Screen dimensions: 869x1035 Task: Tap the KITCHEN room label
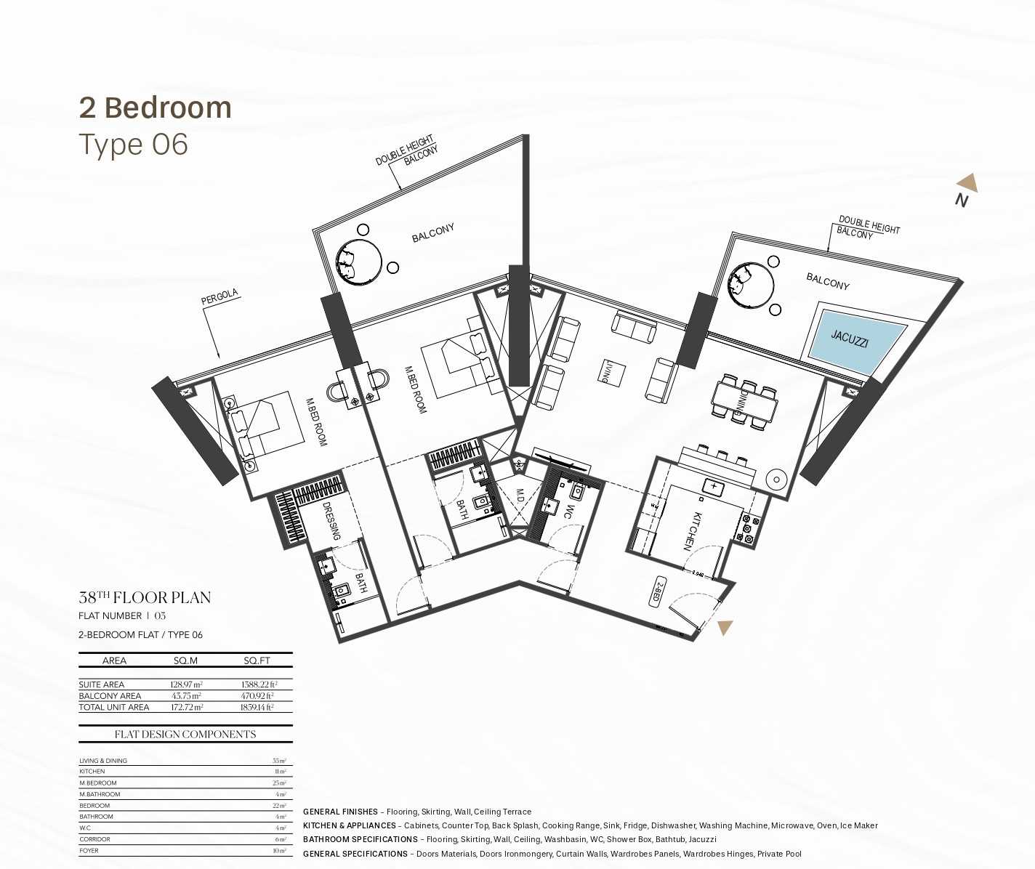click(693, 531)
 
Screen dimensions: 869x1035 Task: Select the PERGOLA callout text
click(220, 298)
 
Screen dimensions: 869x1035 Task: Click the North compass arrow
click(967, 183)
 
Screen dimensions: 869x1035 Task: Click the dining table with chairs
click(744, 400)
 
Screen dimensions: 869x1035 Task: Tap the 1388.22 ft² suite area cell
click(258, 684)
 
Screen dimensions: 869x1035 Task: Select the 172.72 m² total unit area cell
click(187, 707)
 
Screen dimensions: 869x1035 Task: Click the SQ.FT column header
click(257, 660)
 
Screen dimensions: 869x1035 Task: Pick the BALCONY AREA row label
click(110, 696)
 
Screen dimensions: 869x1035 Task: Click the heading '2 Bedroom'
click(155, 108)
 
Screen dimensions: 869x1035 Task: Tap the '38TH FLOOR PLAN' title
click(145, 598)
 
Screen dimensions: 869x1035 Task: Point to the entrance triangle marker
click(725, 627)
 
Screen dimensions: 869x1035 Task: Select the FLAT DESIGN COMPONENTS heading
click(185, 734)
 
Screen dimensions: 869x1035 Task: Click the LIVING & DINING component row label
click(103, 761)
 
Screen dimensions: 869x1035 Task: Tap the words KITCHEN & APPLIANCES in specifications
click(349, 825)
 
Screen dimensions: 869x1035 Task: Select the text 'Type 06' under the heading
click(133, 145)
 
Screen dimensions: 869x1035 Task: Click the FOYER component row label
click(89, 850)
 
